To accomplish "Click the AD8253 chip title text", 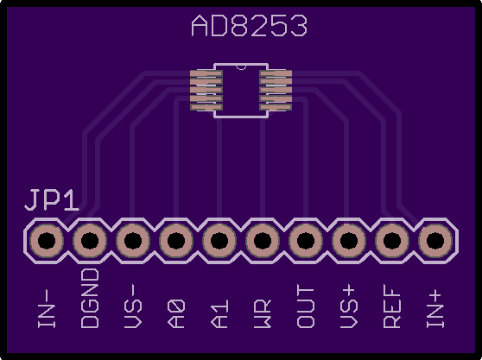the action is tap(249, 26).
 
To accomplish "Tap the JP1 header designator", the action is tap(52, 200).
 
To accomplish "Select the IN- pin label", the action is tap(47, 308).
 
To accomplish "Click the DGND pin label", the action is tap(90, 298).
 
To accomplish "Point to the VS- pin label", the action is tap(133, 306).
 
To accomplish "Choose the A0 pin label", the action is tap(176, 313).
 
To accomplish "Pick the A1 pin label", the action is tap(219, 313).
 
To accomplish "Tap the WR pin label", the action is tap(263, 313).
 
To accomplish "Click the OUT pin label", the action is tap(306, 306).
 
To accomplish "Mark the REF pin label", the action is tap(392, 306).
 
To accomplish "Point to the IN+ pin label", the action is tap(435, 309).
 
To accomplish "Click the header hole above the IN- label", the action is tap(47, 241).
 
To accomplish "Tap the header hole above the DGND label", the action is tap(90, 241).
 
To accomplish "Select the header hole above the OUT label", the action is tap(306, 241).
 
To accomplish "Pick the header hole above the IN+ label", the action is tap(435, 241).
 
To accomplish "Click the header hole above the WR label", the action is tap(263, 241).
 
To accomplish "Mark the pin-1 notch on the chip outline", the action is tap(241, 67).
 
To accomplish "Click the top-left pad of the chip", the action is tap(206, 73).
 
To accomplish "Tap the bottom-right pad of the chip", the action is tap(276, 107).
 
